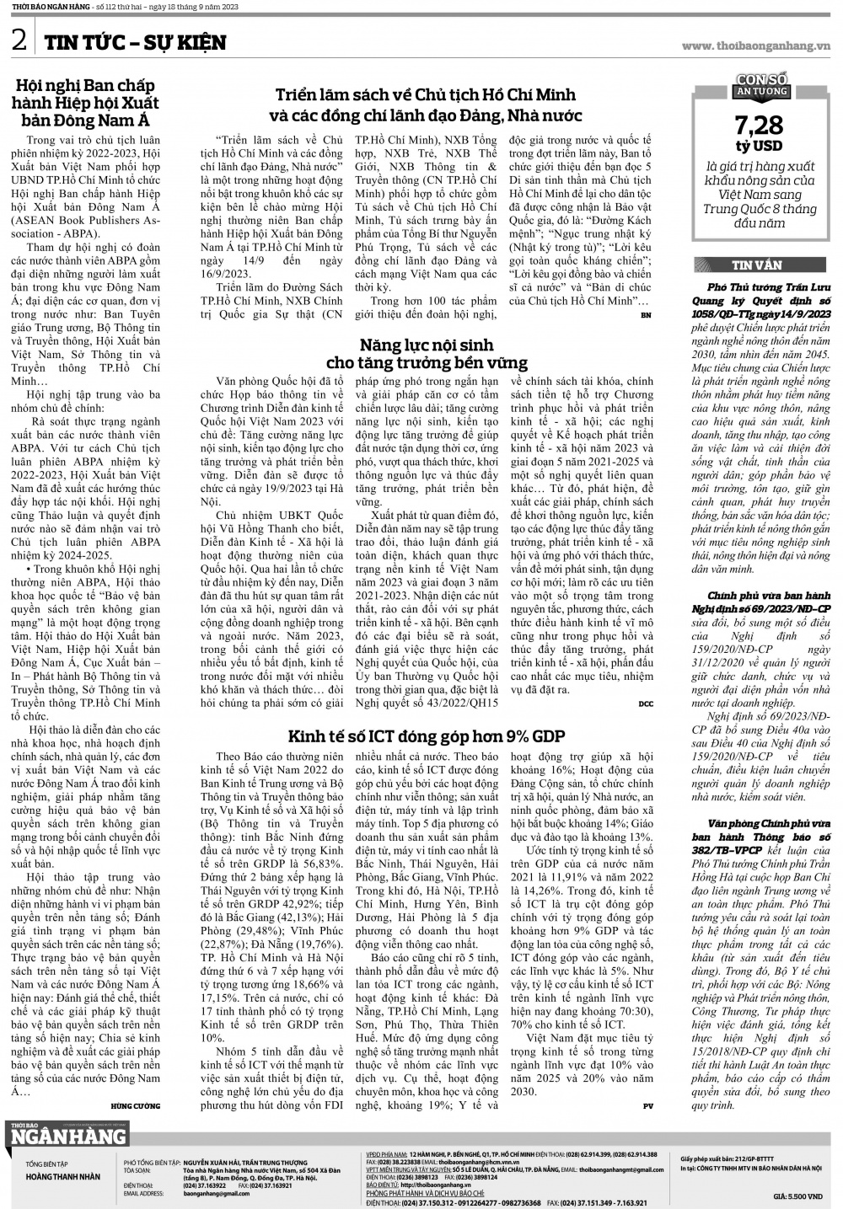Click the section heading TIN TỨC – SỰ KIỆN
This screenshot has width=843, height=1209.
tap(135, 42)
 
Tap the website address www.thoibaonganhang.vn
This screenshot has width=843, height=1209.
tap(756, 45)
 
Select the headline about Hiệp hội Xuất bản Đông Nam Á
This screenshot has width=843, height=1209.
tap(89, 102)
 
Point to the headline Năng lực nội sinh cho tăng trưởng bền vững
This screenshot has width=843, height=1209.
tap(426, 354)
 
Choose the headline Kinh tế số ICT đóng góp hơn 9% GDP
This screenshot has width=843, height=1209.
tap(426, 736)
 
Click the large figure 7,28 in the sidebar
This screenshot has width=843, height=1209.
tap(759, 126)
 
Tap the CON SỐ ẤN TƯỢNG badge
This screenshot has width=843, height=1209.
tap(761, 85)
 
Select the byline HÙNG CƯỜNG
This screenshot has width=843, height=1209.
tap(135, 1105)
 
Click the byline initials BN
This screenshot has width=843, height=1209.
tap(646, 315)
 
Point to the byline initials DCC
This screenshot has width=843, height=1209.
tap(645, 703)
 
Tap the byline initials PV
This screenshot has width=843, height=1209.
tap(647, 1105)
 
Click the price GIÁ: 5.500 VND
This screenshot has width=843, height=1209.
tap(797, 1196)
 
